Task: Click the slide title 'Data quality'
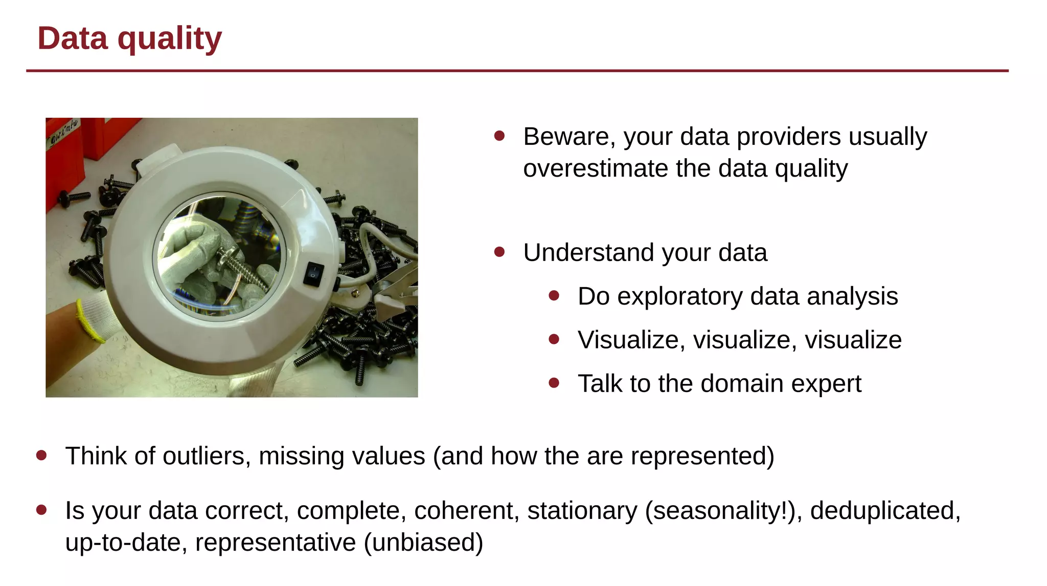pyautogui.click(x=129, y=39)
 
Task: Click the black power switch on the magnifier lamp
pyautogui.click(x=313, y=273)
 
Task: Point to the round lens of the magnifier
pyautogui.click(x=219, y=256)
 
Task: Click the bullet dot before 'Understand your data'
pyautogui.click(x=499, y=252)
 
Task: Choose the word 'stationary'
pyautogui.click(x=582, y=511)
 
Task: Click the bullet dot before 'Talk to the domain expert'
pyautogui.click(x=554, y=383)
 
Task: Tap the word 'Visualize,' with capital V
pyautogui.click(x=631, y=340)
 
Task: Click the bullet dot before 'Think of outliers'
pyautogui.click(x=42, y=455)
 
